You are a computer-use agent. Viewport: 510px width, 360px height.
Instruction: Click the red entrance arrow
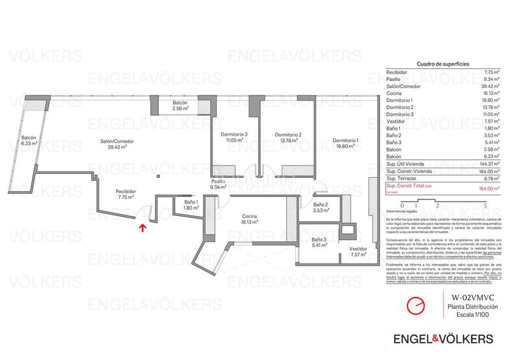coord(142,224)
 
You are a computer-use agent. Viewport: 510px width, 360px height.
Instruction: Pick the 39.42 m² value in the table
coord(480,86)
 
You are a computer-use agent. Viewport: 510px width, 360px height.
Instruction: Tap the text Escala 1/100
coord(470,315)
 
